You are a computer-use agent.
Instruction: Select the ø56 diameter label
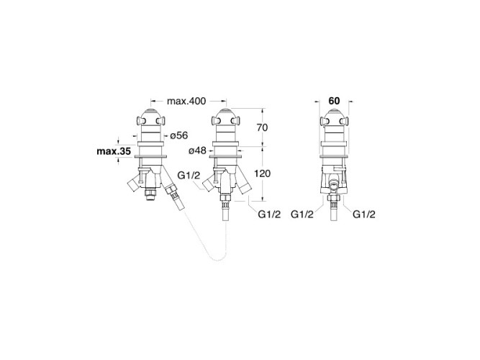tap(178, 135)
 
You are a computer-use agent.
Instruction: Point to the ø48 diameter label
tap(197, 150)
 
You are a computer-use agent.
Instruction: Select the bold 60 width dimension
tap(333, 101)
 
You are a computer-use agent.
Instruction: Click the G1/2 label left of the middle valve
tap(188, 176)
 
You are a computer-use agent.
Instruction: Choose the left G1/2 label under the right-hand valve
tap(302, 214)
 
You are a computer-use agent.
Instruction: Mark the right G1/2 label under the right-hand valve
tap(366, 214)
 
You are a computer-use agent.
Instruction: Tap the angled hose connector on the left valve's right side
tap(173, 193)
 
